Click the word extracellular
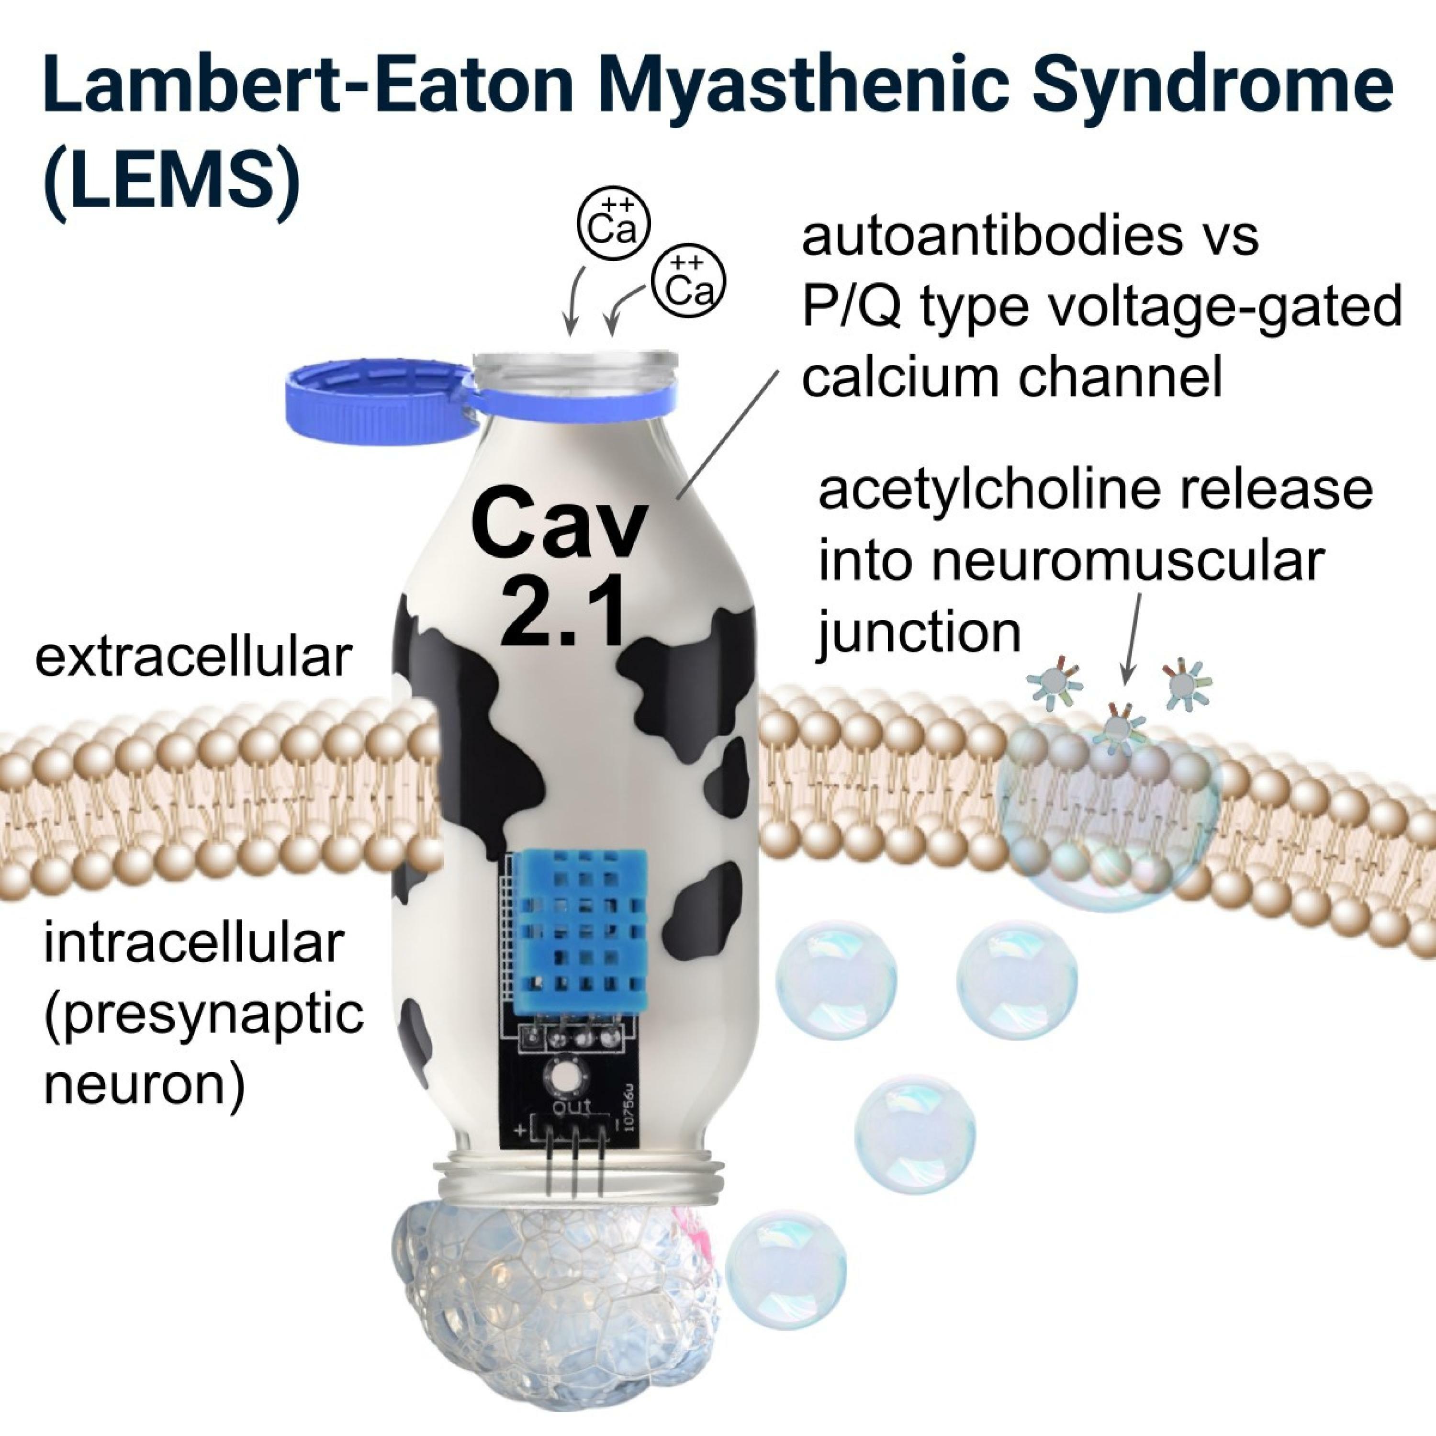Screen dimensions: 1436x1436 click(x=192, y=657)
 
